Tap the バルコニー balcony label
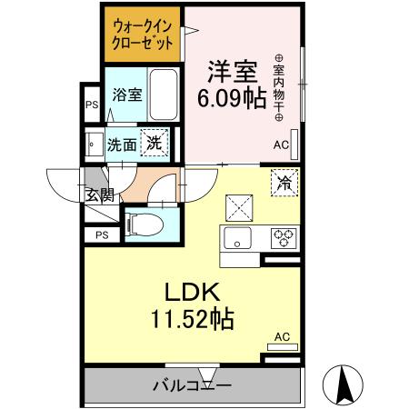coord(192,384)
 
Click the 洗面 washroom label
coord(122,144)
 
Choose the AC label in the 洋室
coord(281,145)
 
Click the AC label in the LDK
coord(282,337)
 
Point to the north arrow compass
coord(346,384)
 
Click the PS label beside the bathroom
coord(91,105)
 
